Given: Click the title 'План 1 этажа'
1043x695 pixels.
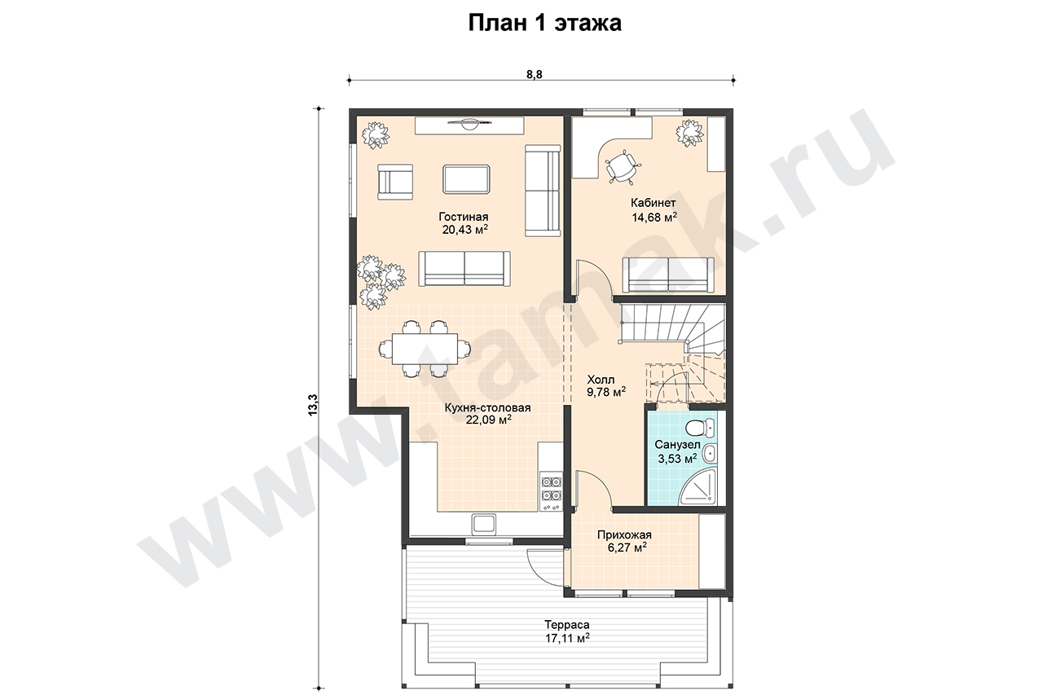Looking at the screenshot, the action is coord(544,23).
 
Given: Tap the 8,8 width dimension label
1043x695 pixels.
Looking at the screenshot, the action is coord(534,74).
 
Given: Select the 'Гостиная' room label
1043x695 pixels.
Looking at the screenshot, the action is coord(464,217).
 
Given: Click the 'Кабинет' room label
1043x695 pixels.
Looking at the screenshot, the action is coord(654,203).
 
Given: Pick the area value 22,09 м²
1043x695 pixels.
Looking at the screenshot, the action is coord(489,420).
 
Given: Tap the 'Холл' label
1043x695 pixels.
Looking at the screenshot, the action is coord(601,380).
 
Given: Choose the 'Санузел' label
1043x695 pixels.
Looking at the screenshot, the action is coord(677,445).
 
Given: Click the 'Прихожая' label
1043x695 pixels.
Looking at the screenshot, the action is coord(624,534).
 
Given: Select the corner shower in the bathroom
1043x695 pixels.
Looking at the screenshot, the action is coord(698,486).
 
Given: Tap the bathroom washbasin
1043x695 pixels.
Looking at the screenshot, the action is coord(709,453).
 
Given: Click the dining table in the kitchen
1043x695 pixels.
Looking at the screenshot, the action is coord(425,348).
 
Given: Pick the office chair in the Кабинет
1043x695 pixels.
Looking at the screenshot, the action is coord(623,166).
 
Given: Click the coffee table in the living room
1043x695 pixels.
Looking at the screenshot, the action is coord(466,178).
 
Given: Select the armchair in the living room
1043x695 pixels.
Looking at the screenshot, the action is coord(395,182).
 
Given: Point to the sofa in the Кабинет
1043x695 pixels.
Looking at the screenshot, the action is coord(668,275).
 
